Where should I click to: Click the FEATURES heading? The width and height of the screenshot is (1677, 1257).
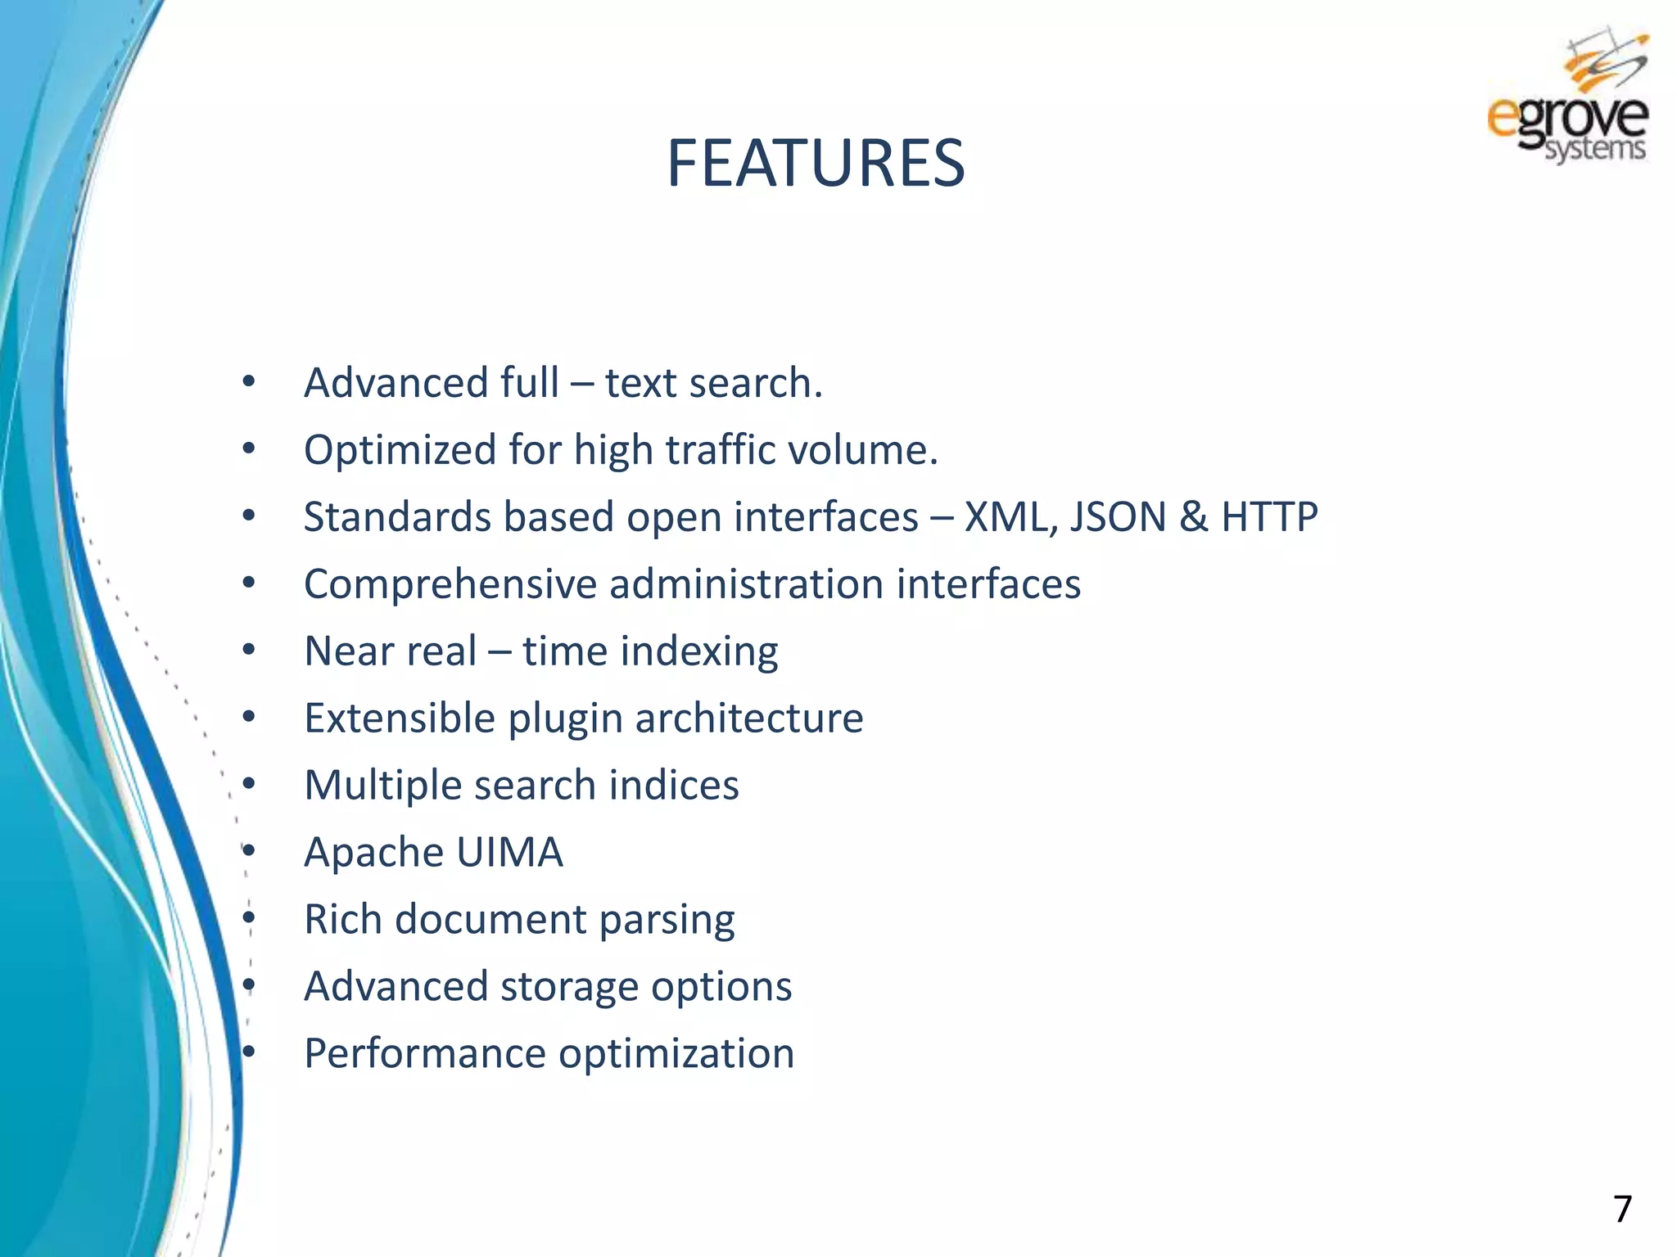pos(816,163)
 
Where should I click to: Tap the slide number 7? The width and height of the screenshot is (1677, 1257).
pos(1621,1209)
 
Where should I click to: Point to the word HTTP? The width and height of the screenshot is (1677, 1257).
pos(1269,517)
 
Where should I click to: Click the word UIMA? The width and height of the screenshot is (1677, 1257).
pos(509,853)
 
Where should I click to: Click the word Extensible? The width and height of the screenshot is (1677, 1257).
pos(400,719)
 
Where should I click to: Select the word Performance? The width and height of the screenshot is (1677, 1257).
pos(424,1054)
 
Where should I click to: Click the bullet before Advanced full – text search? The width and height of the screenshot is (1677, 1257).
pos(249,381)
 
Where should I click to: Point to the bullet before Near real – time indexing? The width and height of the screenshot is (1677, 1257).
pos(249,651)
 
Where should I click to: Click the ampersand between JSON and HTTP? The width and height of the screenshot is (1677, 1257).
pos(1194,517)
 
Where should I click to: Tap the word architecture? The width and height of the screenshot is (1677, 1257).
pos(748,719)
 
